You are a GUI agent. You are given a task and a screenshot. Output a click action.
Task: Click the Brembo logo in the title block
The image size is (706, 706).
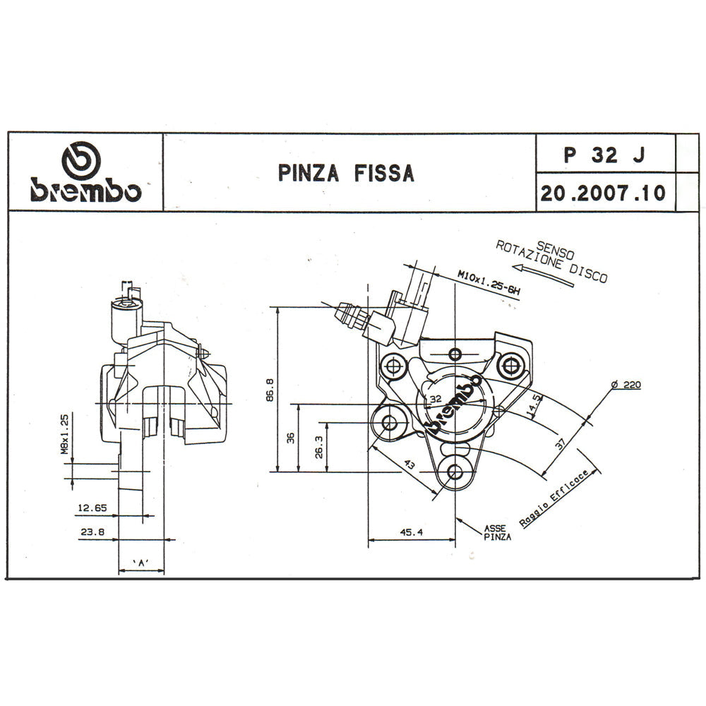click(x=85, y=173)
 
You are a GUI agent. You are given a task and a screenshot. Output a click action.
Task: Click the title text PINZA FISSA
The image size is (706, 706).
click(x=346, y=173)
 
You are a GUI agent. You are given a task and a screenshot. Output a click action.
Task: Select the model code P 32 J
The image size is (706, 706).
click(x=604, y=155)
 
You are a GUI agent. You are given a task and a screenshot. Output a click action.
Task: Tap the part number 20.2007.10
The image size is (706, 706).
click(x=604, y=193)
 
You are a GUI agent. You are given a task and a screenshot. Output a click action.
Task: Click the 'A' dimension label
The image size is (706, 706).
click(x=140, y=563)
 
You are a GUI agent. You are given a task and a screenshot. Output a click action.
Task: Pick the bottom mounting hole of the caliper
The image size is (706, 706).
click(x=453, y=472)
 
